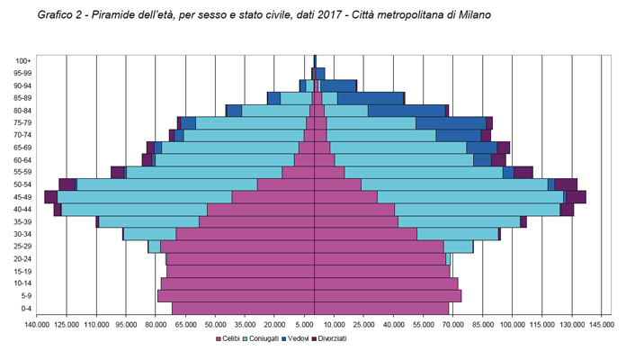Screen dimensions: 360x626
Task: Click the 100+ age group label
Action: click(x=24, y=60)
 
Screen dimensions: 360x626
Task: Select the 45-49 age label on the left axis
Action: click(x=23, y=196)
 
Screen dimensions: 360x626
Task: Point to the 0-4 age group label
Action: click(x=25, y=309)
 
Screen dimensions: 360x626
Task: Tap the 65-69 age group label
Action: click(x=23, y=147)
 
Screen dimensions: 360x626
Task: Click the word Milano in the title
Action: click(x=472, y=16)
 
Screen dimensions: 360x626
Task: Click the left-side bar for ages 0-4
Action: click(x=243, y=309)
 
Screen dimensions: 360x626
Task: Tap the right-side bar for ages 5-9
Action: click(x=388, y=295)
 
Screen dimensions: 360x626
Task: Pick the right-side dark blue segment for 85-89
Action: click(x=370, y=98)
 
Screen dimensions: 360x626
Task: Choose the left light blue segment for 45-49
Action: click(x=144, y=196)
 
